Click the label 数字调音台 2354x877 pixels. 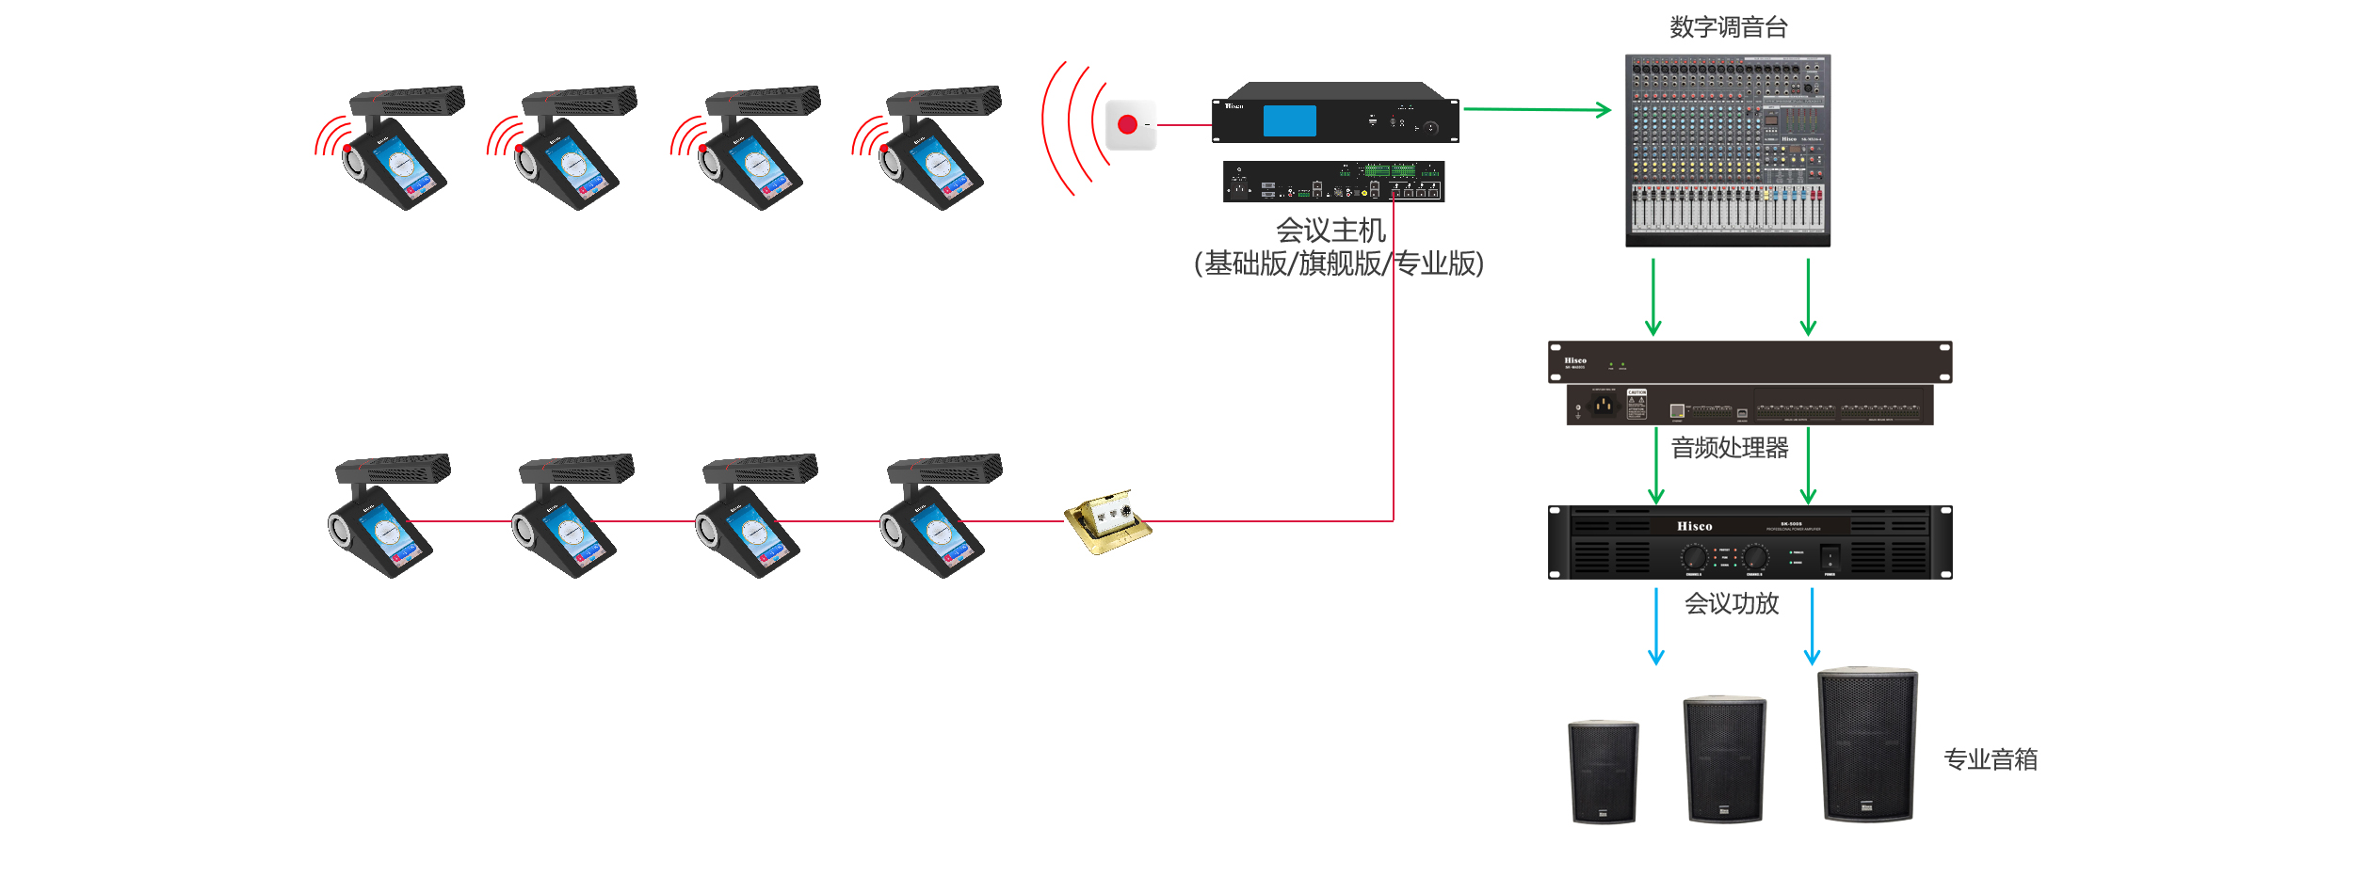(1728, 27)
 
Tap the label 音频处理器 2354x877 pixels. (1730, 448)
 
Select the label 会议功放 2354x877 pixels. (1732, 603)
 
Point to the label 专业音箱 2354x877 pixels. (1991, 759)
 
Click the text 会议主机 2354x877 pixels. (1330, 231)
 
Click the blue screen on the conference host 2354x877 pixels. (1289, 121)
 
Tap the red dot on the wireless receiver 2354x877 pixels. (1127, 124)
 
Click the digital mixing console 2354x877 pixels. (1728, 151)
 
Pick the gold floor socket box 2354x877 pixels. (1107, 521)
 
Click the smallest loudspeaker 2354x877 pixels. (1603, 772)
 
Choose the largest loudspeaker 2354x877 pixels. (1867, 745)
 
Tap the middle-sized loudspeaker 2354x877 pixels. (1724, 759)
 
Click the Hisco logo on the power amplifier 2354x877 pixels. (1694, 526)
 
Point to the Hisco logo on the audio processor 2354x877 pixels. (1575, 360)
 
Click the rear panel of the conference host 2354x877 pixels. (1333, 182)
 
